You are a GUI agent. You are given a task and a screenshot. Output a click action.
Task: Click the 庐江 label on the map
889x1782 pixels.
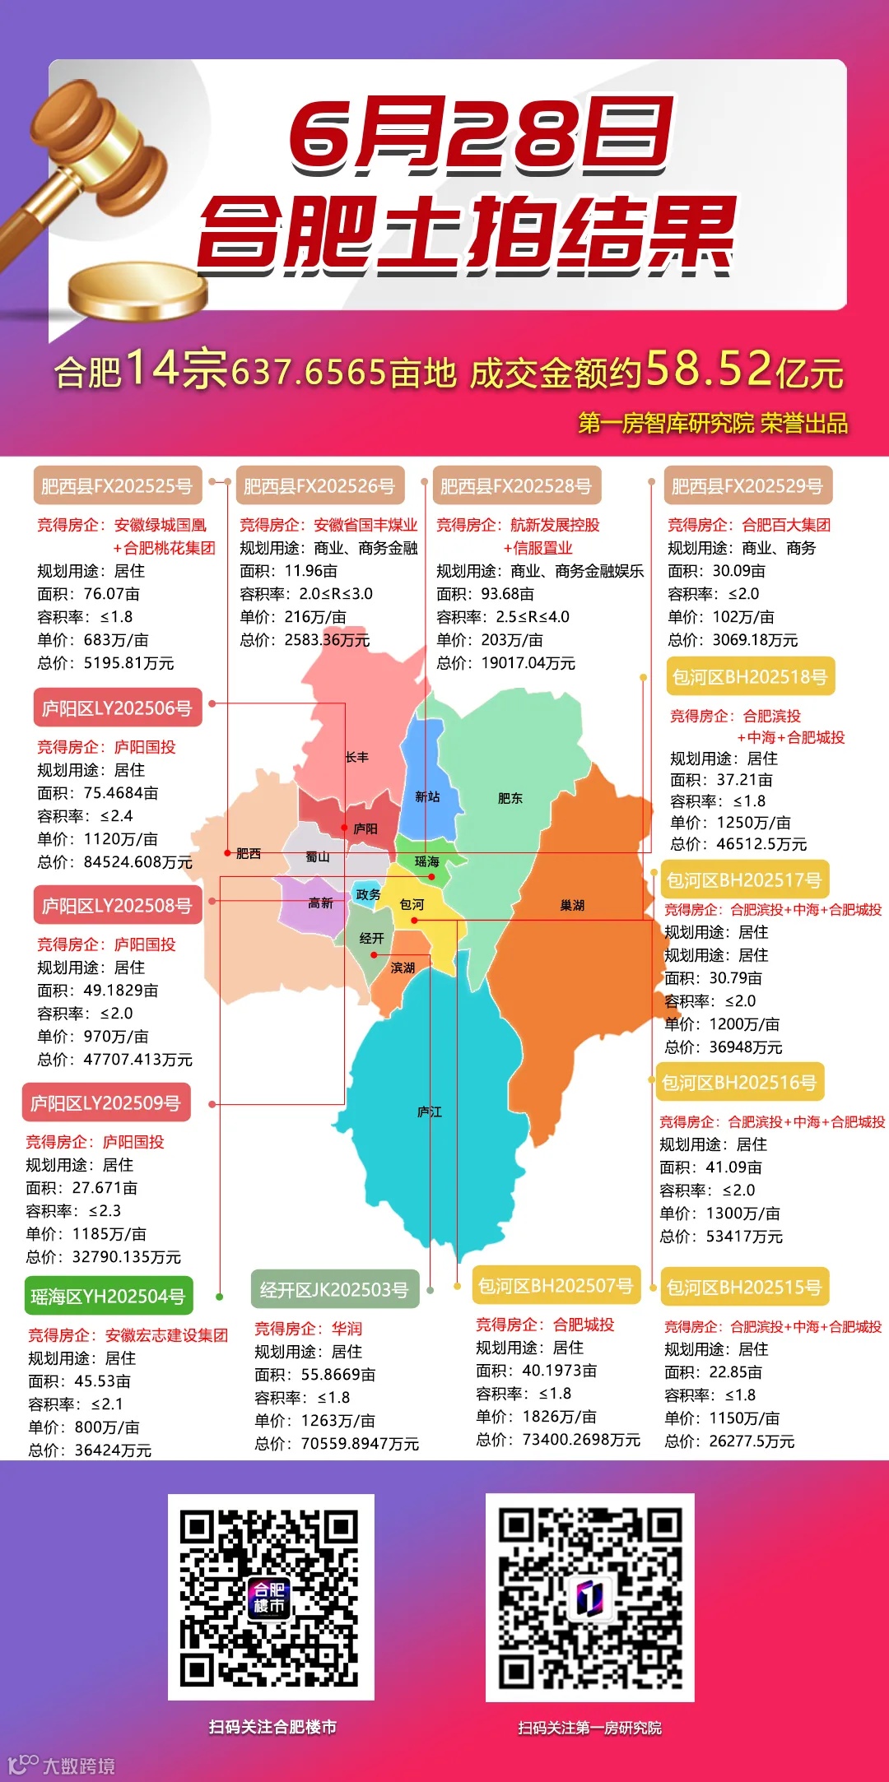[430, 1111]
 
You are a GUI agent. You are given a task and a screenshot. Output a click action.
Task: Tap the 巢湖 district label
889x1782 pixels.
[572, 905]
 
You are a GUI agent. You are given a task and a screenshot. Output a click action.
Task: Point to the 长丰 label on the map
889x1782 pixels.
[357, 757]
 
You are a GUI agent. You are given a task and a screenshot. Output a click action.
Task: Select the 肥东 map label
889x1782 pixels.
[510, 798]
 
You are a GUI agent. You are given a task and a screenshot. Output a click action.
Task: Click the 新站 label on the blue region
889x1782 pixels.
[427, 796]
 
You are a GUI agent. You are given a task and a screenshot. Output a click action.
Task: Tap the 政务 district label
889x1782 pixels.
[368, 894]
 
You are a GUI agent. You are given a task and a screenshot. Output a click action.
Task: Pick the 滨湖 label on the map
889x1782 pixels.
[403, 968]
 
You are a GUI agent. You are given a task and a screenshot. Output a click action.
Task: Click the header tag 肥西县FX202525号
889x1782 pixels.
[117, 485]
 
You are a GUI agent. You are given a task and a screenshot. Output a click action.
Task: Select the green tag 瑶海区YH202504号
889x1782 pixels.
[108, 1297]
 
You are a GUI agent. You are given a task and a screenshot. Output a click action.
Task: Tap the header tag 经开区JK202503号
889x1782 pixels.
[334, 1289]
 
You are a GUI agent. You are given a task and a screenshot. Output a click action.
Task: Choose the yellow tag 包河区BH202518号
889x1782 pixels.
[750, 676]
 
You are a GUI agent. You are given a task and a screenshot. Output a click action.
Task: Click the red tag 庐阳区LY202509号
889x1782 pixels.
[105, 1102]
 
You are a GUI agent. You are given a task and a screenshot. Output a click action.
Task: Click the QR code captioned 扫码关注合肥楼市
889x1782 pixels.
[271, 1598]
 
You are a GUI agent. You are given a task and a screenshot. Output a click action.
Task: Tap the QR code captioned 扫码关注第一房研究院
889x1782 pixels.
[589, 1598]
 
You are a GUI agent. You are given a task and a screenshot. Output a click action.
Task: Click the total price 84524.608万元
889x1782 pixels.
[138, 862]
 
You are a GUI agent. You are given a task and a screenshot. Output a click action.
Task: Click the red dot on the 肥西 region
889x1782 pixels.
[227, 853]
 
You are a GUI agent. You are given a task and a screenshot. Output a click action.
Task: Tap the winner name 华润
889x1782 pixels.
[347, 1329]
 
